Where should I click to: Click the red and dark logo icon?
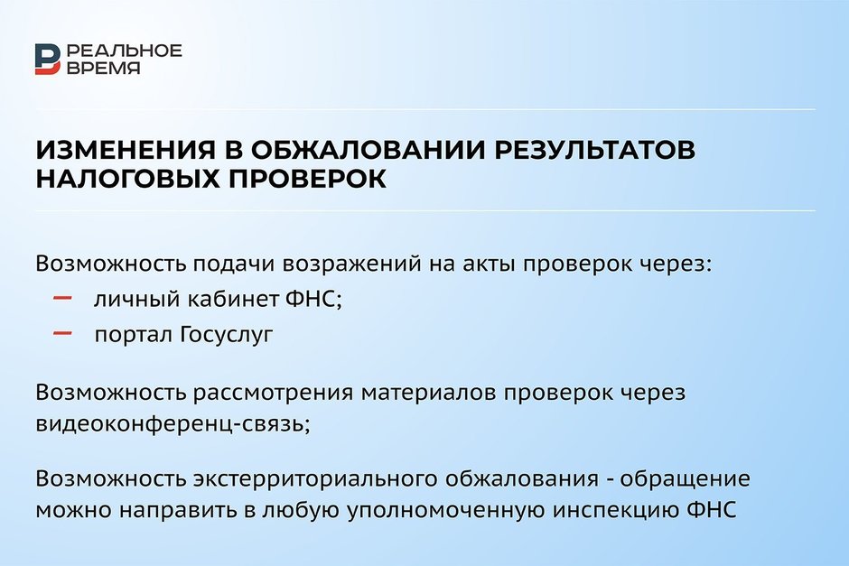[48, 59]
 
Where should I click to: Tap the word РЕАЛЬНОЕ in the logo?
[125, 51]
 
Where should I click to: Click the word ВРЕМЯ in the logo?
[104, 68]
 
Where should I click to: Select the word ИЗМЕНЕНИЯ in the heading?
[126, 150]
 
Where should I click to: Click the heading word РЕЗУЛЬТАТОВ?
[594, 150]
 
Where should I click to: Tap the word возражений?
[352, 264]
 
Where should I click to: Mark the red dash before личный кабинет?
[63, 298]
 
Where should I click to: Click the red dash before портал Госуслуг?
[63, 333]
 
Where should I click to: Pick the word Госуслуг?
[227, 334]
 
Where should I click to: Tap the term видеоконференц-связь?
[173, 423]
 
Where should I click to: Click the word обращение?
[685, 478]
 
